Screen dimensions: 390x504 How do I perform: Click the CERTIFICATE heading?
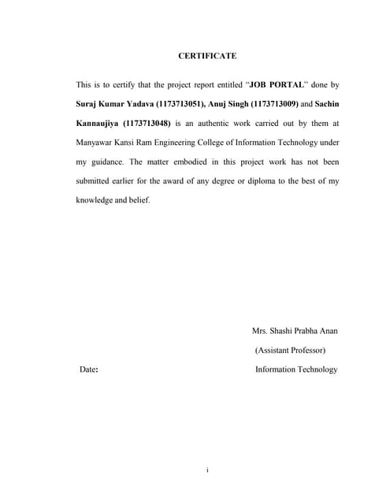(207, 56)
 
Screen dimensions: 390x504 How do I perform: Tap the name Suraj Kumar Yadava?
(111, 103)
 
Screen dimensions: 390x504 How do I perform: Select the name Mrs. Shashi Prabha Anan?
(295, 331)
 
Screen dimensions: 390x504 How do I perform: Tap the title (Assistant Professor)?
(291, 350)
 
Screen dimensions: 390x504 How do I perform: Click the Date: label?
(88, 369)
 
